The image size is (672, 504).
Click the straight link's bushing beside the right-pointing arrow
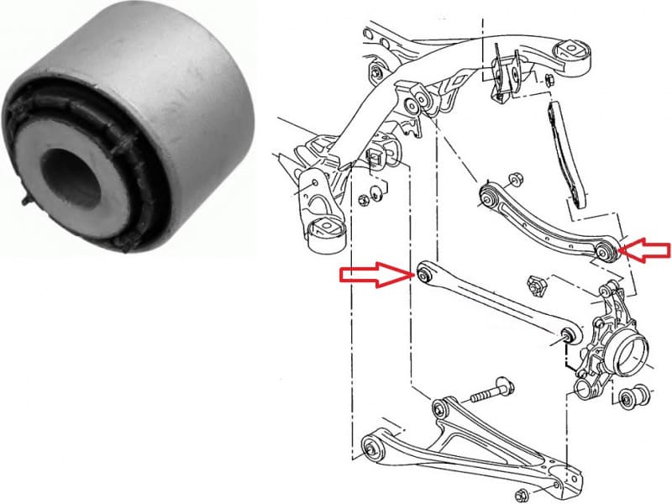coord(424,273)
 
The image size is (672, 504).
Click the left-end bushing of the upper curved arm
coord(487,198)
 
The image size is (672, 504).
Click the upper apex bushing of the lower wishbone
coord(438,409)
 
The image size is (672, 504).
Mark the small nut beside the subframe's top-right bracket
coord(547,81)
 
